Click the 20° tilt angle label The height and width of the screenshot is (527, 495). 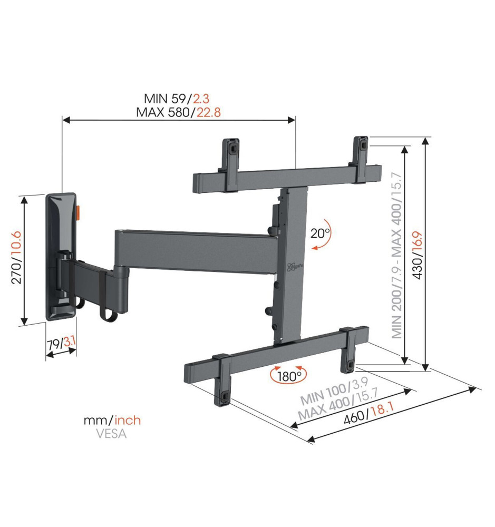[x=320, y=233]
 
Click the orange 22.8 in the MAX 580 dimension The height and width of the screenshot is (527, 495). [x=209, y=112]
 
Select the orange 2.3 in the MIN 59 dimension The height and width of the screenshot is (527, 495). [x=201, y=99]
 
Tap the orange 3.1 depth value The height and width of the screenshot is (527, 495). [x=70, y=342]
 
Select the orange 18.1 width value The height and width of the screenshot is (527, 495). [x=381, y=409]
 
